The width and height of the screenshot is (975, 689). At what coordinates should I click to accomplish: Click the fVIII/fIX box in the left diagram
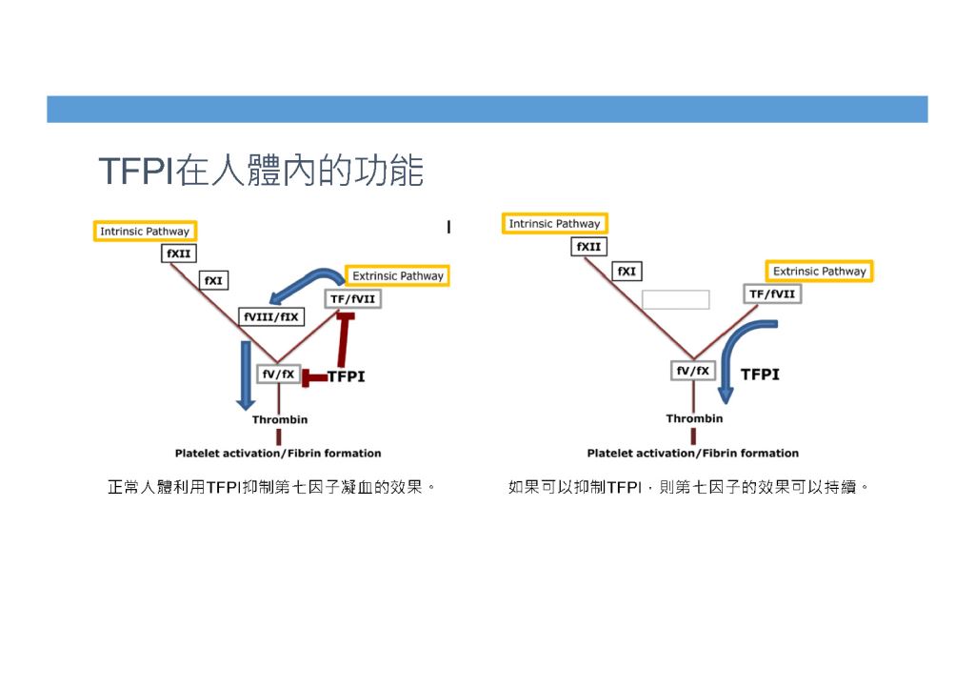click(271, 316)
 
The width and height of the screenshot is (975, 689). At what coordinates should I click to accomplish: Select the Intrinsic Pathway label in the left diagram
click(145, 231)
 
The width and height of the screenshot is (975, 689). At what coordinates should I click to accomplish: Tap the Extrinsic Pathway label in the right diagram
click(819, 271)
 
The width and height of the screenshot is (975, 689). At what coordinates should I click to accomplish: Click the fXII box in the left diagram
click(179, 253)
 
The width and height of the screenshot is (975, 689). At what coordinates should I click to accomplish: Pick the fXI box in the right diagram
click(627, 272)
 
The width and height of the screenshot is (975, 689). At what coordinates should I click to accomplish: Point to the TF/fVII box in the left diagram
click(352, 298)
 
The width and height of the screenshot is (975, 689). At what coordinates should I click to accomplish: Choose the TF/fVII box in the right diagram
click(772, 294)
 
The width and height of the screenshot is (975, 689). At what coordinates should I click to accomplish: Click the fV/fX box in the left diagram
click(279, 375)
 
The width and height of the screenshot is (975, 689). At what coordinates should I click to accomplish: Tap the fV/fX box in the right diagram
click(693, 371)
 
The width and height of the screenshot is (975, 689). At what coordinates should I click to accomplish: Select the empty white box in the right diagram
click(676, 299)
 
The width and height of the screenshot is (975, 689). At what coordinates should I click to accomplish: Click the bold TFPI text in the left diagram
click(347, 376)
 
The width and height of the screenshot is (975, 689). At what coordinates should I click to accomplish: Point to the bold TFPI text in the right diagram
click(760, 375)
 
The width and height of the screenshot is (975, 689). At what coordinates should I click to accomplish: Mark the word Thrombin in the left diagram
click(280, 419)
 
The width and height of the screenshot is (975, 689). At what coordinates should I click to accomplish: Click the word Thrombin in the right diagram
click(694, 418)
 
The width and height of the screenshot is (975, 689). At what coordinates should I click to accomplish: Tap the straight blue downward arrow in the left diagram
click(246, 375)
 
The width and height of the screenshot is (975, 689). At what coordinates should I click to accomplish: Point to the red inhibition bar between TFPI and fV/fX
click(314, 377)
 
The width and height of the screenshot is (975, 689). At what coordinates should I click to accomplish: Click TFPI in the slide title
click(135, 172)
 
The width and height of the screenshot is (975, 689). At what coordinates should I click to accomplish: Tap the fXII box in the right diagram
click(588, 247)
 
